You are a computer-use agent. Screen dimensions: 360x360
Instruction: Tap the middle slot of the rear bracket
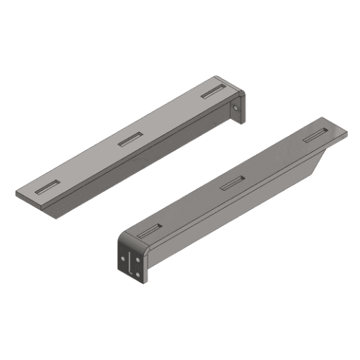(130, 139)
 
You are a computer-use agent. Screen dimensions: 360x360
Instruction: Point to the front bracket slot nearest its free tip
(315, 135)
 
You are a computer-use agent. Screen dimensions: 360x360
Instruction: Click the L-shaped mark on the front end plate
(130, 262)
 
